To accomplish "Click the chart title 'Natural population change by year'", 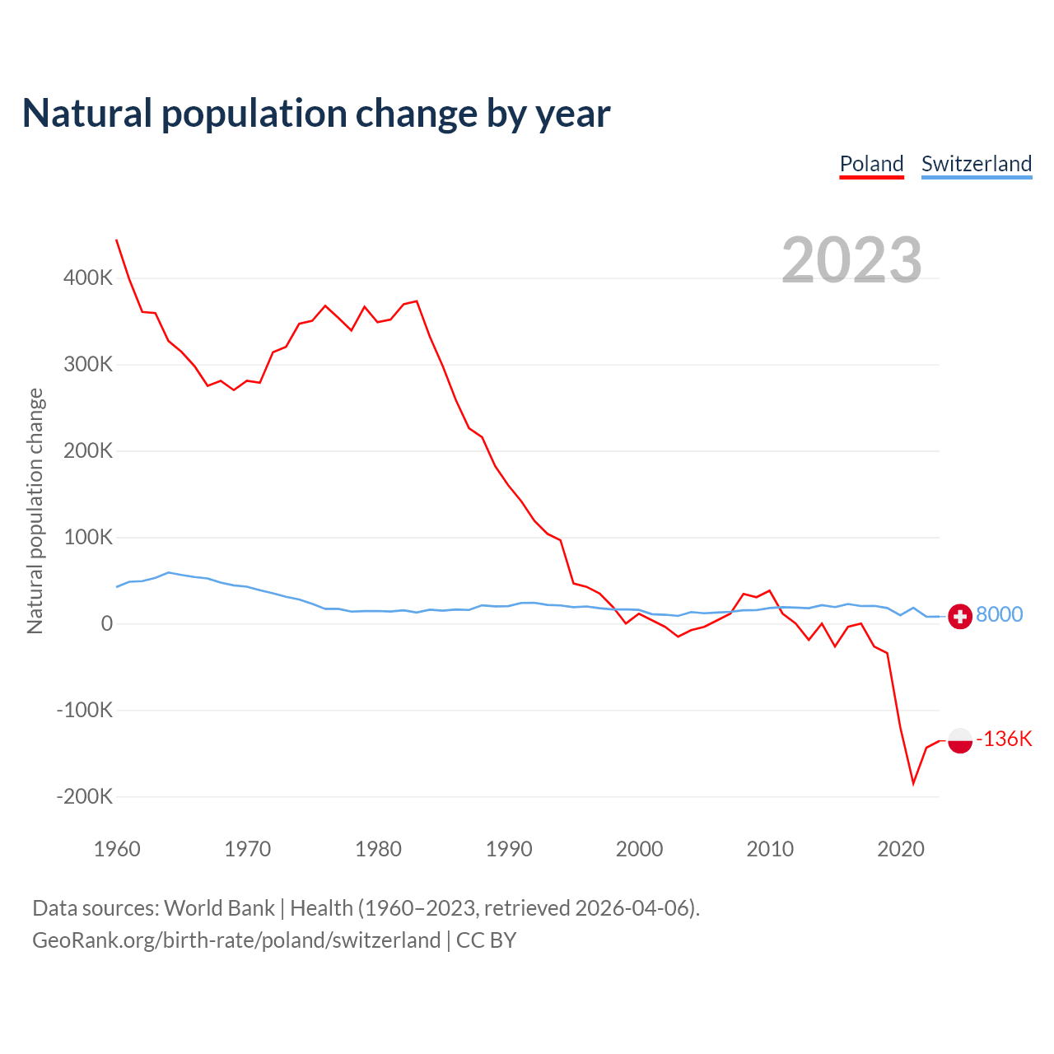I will click(x=316, y=114).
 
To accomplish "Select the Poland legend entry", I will click(x=871, y=164).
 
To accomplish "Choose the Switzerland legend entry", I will click(x=976, y=164).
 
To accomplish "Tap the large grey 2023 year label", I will click(x=851, y=260).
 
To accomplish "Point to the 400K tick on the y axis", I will click(x=87, y=278).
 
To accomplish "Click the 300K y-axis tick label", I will click(x=87, y=365).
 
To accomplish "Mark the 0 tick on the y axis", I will click(x=106, y=624).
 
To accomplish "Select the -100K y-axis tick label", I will click(x=84, y=711).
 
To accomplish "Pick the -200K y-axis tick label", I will click(x=84, y=797).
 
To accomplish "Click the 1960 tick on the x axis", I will click(x=117, y=849).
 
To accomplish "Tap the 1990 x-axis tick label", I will click(x=509, y=849).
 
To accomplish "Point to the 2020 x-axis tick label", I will click(x=901, y=849).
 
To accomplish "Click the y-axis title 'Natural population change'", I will click(x=35, y=511).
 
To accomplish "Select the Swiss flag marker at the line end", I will click(x=960, y=616).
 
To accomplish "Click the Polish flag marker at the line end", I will click(x=960, y=739).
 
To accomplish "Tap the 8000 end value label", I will click(x=999, y=615).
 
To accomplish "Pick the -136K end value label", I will click(x=1004, y=739).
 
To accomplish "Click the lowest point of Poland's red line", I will click(x=913, y=783).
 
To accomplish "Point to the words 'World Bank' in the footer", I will click(x=219, y=908).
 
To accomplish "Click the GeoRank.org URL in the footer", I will click(x=236, y=940).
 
